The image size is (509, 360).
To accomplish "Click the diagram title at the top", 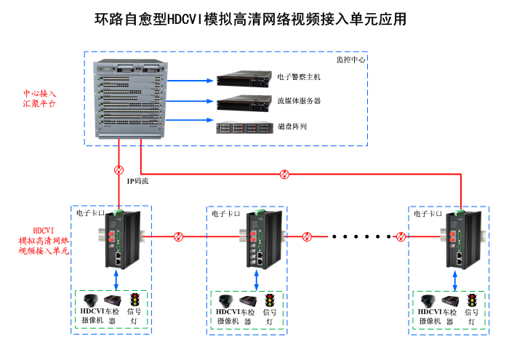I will tap(251, 19).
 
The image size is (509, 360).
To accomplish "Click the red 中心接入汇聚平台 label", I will tap(39, 99).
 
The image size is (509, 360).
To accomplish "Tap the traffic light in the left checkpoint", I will tap(135, 300).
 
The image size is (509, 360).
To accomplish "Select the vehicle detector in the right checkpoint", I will tap(449, 300).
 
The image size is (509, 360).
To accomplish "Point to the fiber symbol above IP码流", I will tap(119, 170).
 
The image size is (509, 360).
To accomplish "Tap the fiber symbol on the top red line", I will tap(286, 174).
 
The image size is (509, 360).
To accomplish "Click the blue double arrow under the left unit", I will tap(117, 279).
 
